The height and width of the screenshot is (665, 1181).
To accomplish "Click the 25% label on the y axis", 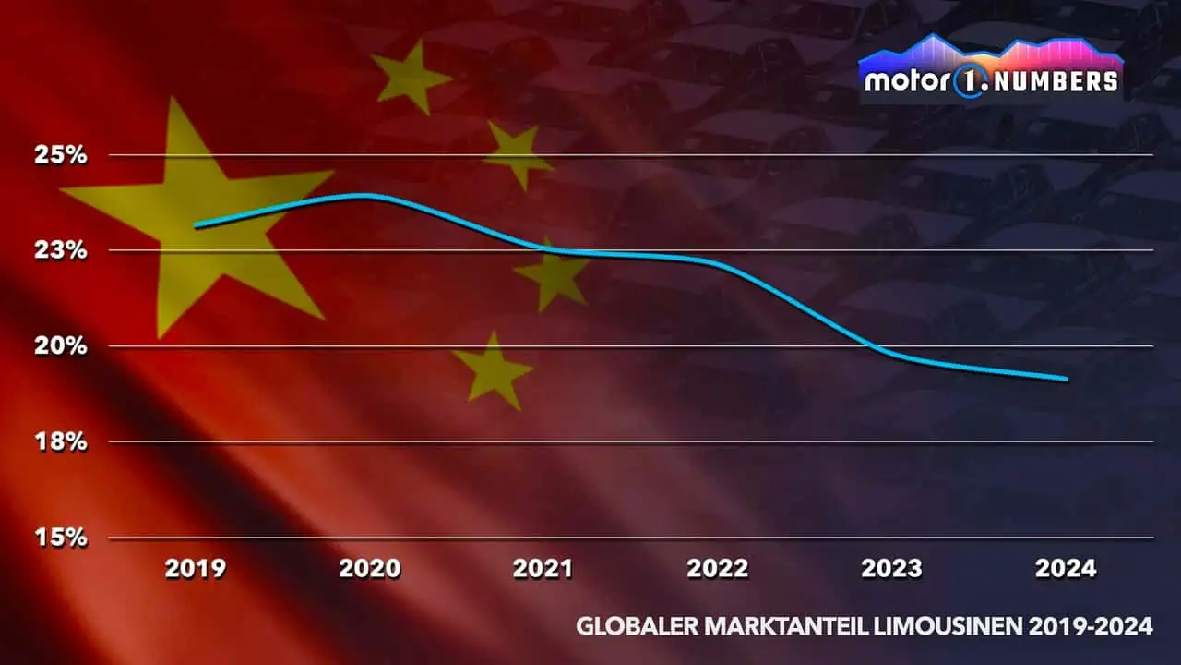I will pos(61,155).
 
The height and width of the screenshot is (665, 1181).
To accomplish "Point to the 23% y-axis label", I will pos(61,250).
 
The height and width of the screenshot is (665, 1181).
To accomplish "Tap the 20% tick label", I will pos(61,346).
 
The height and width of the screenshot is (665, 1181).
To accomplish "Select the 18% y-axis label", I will pos(61,441).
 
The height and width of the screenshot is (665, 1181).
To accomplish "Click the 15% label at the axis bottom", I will pos(61,538).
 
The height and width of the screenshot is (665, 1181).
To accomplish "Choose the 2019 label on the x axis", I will pos(196,568).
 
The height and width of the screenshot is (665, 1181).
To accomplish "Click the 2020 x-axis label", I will pos(369,568).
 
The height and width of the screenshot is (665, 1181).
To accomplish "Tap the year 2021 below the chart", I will pos(543,568).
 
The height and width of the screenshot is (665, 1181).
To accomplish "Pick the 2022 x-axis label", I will pos(717,568).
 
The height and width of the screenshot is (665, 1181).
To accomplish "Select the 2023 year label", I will pos(891,568).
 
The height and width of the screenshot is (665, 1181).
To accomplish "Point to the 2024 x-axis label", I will pos(1066,568).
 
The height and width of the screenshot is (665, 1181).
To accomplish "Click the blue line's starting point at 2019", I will pos(196,225).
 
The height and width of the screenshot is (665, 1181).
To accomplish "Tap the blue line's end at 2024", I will pos(1067,379).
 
